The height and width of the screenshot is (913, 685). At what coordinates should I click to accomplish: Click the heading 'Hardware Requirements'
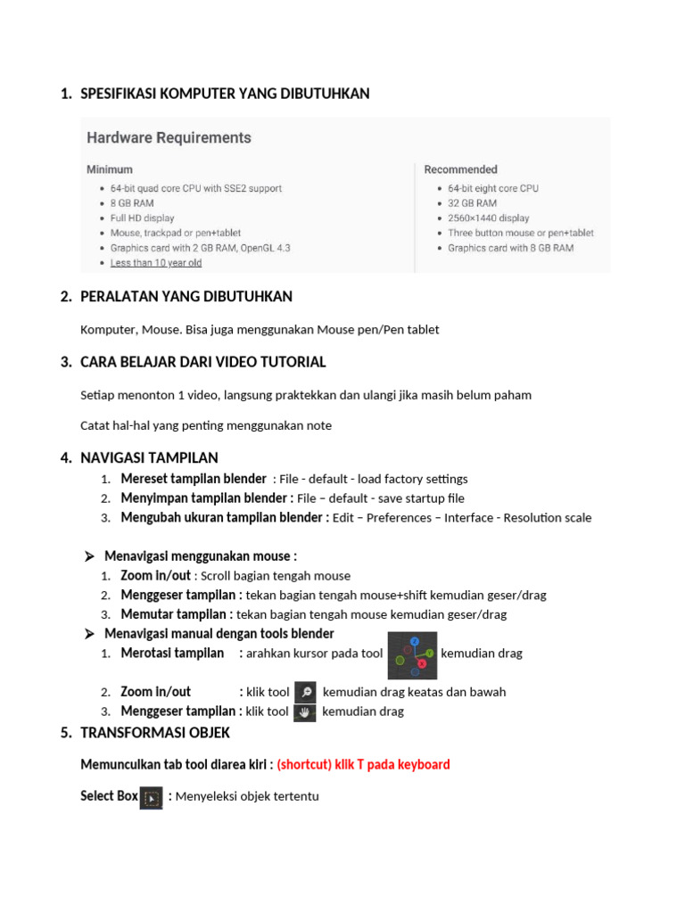[x=169, y=138]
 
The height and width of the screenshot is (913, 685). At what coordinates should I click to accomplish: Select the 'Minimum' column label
[x=110, y=169]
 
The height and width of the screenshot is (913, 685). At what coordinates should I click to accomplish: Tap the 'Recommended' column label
[x=460, y=169]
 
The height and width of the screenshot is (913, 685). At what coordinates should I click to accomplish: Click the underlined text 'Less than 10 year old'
[x=156, y=263]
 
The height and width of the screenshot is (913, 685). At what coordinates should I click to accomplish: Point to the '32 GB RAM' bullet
[x=478, y=203]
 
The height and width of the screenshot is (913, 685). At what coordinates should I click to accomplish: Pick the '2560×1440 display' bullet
[x=488, y=218]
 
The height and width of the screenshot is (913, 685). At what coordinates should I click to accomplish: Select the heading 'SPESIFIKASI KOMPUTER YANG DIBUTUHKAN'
[x=225, y=94]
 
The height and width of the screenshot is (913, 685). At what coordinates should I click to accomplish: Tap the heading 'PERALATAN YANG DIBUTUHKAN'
[x=186, y=296]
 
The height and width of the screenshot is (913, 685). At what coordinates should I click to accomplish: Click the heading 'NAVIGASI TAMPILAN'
[x=149, y=457]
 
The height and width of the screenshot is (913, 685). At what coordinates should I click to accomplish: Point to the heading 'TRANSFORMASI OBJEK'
[x=155, y=733]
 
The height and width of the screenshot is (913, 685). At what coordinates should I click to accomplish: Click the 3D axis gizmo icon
[x=413, y=654]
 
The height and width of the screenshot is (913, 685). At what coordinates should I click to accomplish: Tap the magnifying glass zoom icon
[x=305, y=692]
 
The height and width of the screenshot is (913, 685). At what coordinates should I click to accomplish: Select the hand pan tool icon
[x=304, y=711]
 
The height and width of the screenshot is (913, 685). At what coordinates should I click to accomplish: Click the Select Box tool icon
[x=152, y=797]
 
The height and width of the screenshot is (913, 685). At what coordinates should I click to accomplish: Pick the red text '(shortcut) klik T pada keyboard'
[x=363, y=765]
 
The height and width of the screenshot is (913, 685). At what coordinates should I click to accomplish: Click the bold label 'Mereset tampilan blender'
[x=194, y=479]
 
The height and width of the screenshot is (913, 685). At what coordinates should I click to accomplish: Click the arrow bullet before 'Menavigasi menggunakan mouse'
[x=89, y=556]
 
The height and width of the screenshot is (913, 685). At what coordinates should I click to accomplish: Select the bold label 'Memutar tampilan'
[x=177, y=614]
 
